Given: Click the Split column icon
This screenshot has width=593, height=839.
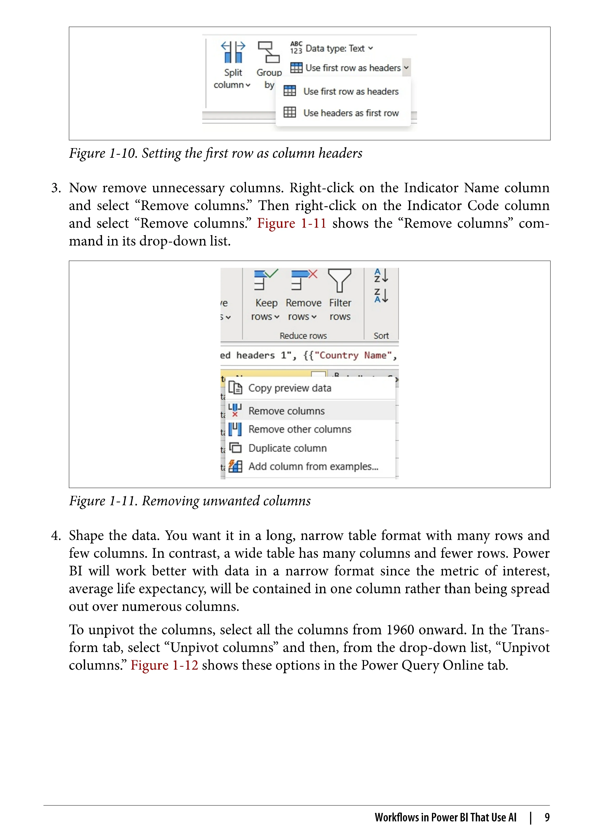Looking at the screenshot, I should pyautogui.click(x=233, y=52).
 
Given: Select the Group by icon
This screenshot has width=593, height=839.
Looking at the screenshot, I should pyautogui.click(x=269, y=52).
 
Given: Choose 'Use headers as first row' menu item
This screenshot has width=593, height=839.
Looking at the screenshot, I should pyautogui.click(x=350, y=113).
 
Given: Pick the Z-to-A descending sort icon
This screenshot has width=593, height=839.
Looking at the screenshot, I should pyautogui.click(x=381, y=295).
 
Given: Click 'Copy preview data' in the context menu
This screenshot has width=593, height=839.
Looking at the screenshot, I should pyautogui.click(x=290, y=388).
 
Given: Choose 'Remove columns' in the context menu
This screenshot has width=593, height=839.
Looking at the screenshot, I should pyautogui.click(x=286, y=411).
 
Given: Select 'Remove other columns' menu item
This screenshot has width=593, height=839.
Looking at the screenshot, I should pyautogui.click(x=299, y=429).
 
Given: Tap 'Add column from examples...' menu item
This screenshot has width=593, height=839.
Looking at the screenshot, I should pyautogui.click(x=313, y=467).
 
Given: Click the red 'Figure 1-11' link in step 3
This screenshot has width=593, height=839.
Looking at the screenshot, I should pyautogui.click(x=291, y=223).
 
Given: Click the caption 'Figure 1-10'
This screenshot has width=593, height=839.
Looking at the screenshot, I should pyautogui.click(x=103, y=153).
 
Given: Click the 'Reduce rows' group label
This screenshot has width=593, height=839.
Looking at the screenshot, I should pyautogui.click(x=303, y=336).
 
